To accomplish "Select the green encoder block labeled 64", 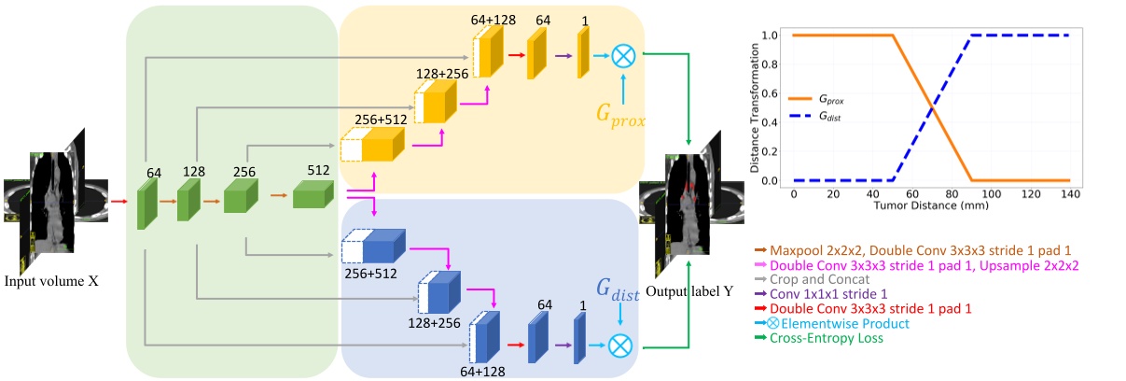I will pyautogui.click(x=147, y=205).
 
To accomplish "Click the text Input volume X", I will pyautogui.click(x=51, y=281).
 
